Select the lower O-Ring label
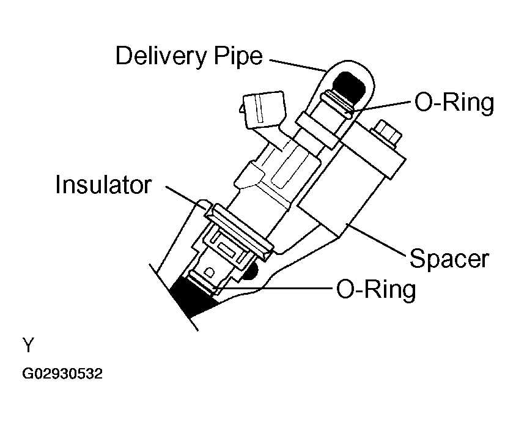point(375,288)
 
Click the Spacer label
point(449,259)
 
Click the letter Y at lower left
point(28,347)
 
